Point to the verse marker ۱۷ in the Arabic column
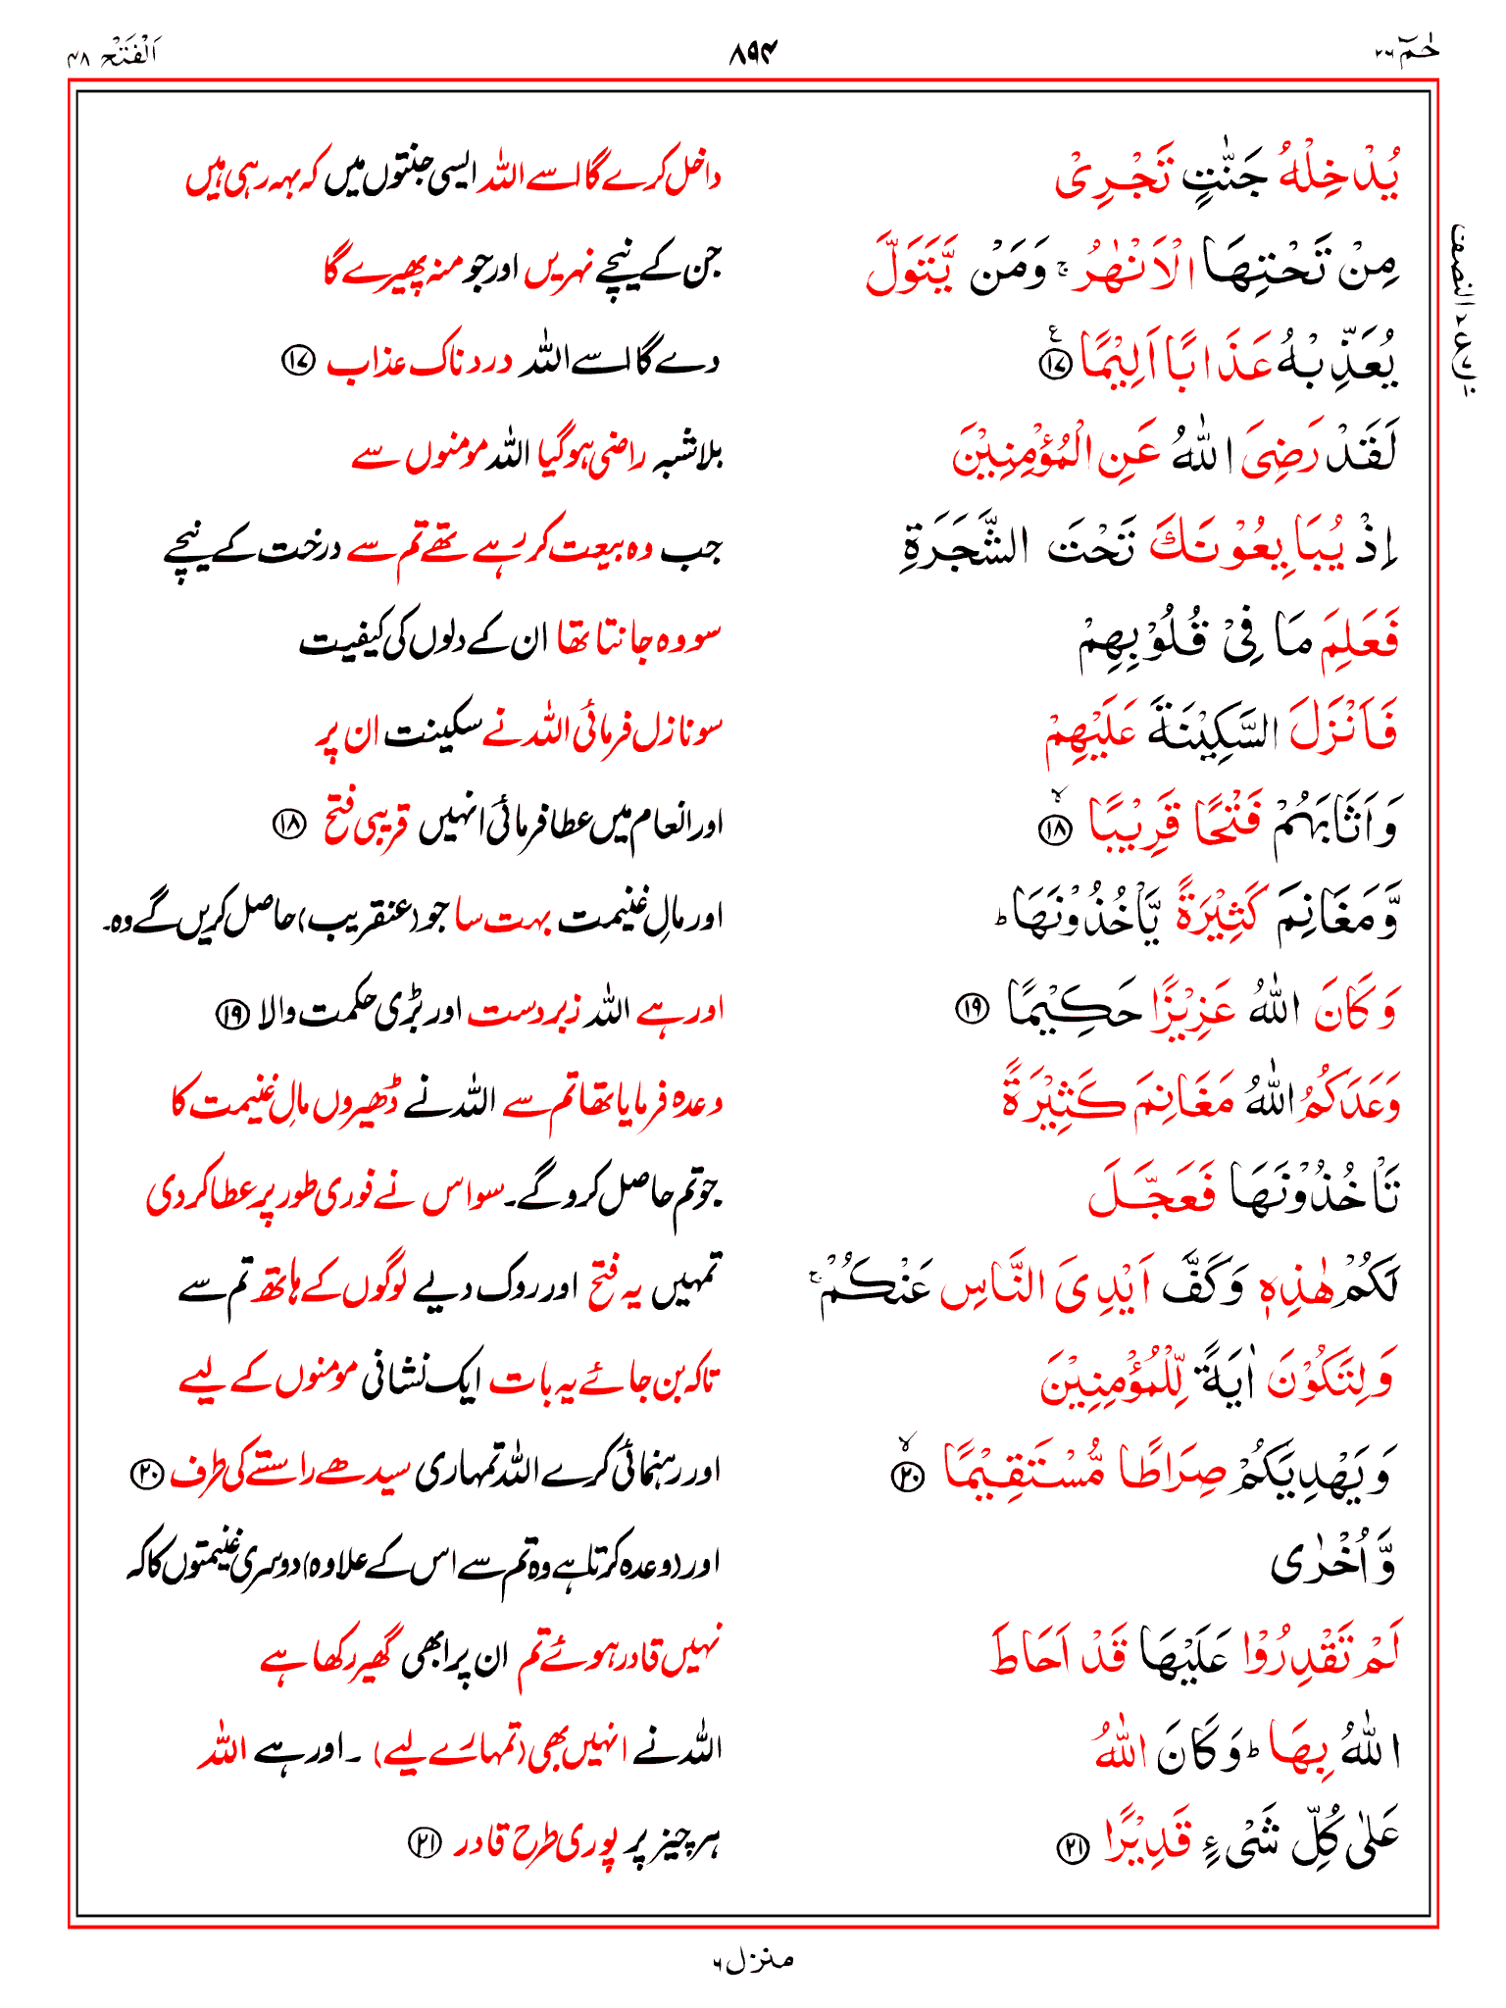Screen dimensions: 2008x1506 1055,365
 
